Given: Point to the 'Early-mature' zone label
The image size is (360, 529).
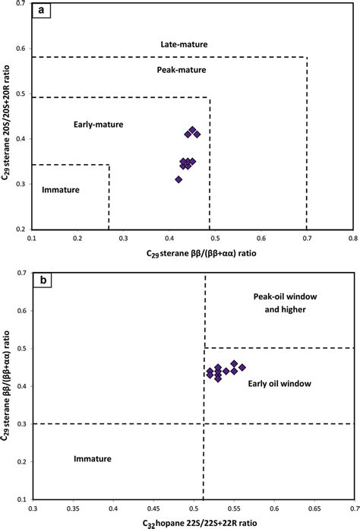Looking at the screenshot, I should (98, 124).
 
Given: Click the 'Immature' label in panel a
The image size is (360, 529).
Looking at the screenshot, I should (59, 189).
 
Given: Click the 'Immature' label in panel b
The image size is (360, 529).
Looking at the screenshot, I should (93, 459).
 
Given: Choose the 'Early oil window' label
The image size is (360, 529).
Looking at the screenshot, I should (279, 385).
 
